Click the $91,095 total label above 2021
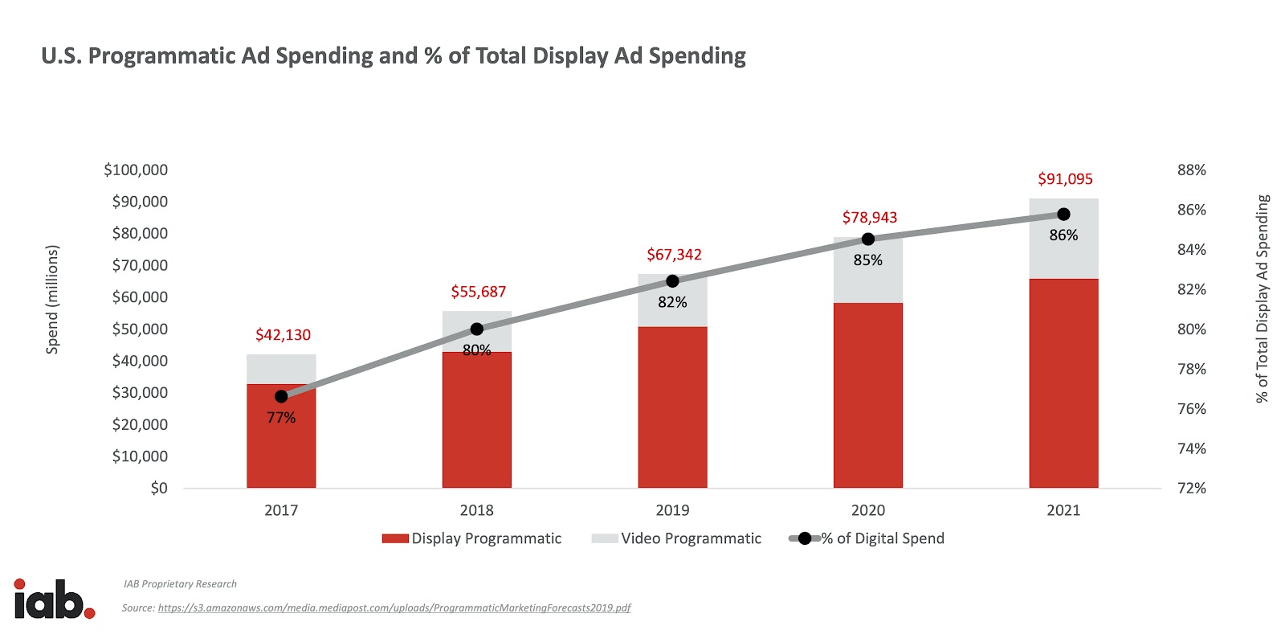click(1065, 179)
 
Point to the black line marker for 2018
click(476, 329)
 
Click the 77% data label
click(281, 418)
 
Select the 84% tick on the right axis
click(1191, 250)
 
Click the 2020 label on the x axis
click(867, 510)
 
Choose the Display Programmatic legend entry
click(472, 538)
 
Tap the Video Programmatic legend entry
click(676, 538)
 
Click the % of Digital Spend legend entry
click(867, 538)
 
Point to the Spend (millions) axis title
click(53, 299)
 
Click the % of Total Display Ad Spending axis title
click(1263, 298)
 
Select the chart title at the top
click(394, 55)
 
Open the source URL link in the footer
click(394, 608)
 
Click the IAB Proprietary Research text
click(180, 584)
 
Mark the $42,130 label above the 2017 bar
click(283, 335)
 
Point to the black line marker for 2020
click(867, 239)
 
